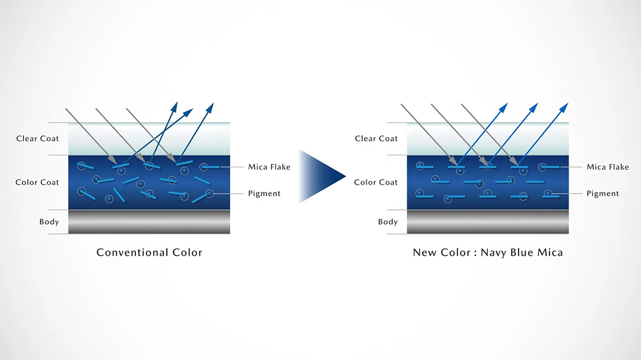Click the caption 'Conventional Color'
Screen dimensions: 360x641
coord(150,253)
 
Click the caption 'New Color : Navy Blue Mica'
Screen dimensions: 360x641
coord(488,253)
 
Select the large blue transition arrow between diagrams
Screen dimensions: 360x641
coord(321,176)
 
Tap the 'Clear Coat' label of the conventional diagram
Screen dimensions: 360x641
coord(38,139)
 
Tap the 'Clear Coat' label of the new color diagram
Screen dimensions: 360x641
coord(376,139)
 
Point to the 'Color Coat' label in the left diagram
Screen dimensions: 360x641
coord(37,182)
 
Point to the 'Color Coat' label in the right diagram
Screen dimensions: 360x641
coord(376,182)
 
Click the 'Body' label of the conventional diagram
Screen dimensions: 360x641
coord(49,222)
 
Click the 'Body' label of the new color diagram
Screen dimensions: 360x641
coord(388,222)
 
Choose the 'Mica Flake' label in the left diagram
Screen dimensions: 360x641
coord(269,167)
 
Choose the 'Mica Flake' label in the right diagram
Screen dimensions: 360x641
coord(608,167)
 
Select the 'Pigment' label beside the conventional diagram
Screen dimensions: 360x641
coord(264,193)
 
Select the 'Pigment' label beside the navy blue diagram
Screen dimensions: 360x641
coord(602,193)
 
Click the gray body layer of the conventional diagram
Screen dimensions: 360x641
coord(149,222)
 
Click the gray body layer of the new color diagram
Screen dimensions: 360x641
coord(488,222)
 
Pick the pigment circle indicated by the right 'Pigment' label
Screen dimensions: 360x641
coord(548,193)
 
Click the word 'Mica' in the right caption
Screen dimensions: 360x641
coord(550,253)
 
